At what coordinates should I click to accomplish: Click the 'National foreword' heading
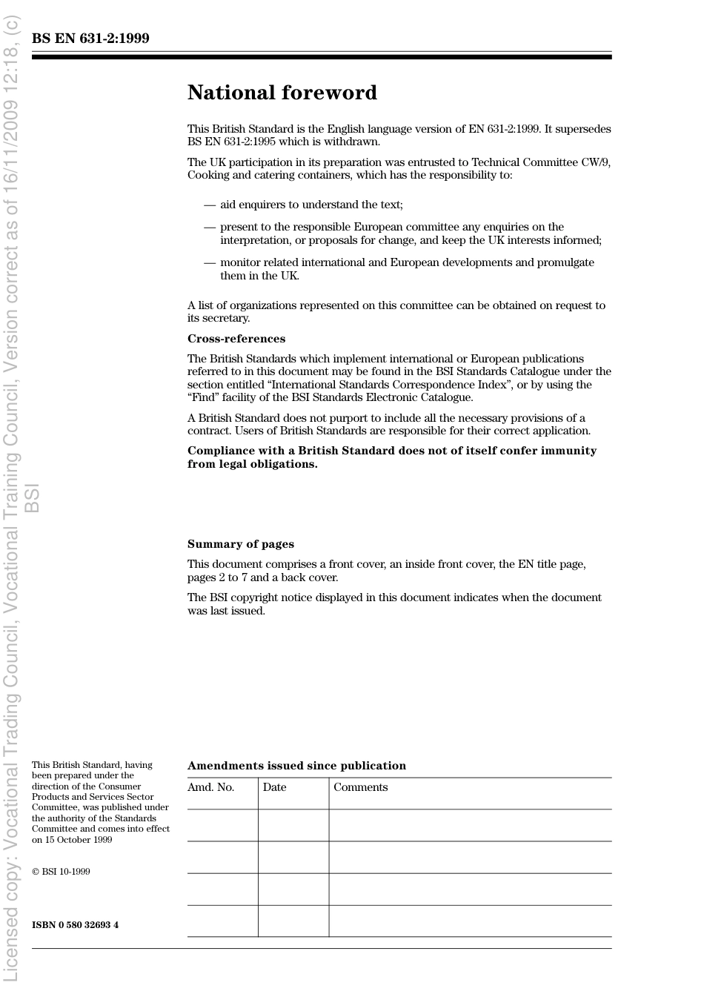pyautogui.click(x=282, y=93)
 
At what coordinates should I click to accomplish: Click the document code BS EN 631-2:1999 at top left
pyautogui.click(x=90, y=39)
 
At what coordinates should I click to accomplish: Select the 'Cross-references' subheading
pyautogui.click(x=236, y=339)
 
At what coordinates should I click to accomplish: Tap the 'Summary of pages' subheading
pyautogui.click(x=240, y=544)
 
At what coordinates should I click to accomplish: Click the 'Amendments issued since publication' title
pyautogui.click(x=296, y=766)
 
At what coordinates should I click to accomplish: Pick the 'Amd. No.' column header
pyautogui.click(x=210, y=787)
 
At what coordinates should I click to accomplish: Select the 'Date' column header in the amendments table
pyautogui.click(x=274, y=787)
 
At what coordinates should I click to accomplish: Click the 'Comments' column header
pyautogui.click(x=360, y=787)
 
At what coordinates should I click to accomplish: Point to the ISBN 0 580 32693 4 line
pyautogui.click(x=75, y=925)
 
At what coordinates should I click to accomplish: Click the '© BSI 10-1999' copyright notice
pyautogui.click(x=61, y=872)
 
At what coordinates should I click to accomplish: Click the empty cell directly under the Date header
pyautogui.click(x=293, y=825)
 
